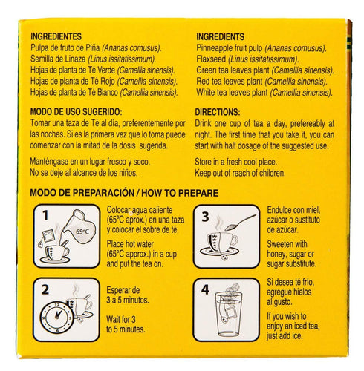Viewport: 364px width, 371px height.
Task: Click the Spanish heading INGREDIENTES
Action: click(56, 36)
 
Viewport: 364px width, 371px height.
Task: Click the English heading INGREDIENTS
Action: click(220, 36)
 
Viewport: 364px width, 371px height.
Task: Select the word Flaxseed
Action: click(211, 59)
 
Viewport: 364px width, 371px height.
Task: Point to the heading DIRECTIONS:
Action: click(218, 112)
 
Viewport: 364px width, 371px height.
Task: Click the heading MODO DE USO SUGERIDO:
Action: click(77, 112)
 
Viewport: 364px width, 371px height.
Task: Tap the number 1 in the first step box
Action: click(45, 215)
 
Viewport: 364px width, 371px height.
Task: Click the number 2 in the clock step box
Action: click(45, 289)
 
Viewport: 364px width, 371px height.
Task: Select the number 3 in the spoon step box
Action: click(205, 217)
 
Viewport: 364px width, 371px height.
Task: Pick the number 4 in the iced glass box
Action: click(205, 289)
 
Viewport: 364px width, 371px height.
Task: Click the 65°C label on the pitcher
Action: click(82, 232)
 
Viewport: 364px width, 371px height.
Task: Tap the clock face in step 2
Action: click(57, 317)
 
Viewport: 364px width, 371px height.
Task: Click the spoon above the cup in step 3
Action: click(240, 222)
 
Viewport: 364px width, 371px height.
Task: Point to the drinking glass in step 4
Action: click(228, 314)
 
